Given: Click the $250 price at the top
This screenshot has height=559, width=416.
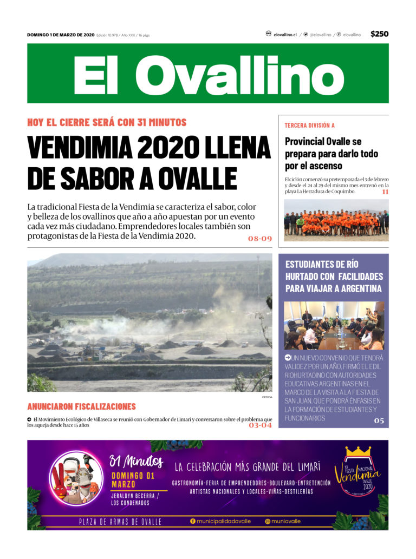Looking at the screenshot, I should click(x=379, y=34).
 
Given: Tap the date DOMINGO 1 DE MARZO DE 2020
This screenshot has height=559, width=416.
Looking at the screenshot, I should click(x=61, y=35).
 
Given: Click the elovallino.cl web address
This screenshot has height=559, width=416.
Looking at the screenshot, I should click(x=285, y=35).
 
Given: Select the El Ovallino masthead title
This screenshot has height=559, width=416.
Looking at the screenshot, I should click(x=208, y=74).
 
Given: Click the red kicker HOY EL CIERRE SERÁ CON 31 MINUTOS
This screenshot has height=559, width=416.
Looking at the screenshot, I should click(x=107, y=122).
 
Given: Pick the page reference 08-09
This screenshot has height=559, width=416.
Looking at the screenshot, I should click(x=259, y=239).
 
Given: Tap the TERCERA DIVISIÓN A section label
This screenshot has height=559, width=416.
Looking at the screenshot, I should click(x=310, y=126).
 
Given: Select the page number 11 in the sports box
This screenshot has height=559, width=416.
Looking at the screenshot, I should click(x=385, y=192).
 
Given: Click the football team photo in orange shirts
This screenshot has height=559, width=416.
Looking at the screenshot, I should click(x=336, y=220).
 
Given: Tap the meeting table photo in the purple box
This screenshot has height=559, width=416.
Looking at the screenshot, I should click(x=334, y=325).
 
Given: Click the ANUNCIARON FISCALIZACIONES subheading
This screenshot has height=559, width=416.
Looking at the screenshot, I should click(x=81, y=406).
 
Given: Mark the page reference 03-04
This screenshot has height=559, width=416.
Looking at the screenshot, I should click(x=260, y=425).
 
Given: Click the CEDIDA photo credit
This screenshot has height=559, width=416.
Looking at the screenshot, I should click(x=266, y=397).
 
